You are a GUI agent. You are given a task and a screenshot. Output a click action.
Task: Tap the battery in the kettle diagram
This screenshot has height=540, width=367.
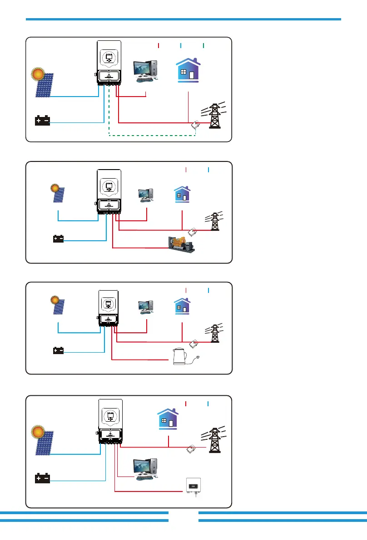(58, 350)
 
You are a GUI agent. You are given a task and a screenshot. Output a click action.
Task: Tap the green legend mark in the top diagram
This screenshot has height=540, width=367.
(203, 45)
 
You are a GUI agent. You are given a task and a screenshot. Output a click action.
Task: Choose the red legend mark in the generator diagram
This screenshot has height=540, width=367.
(186, 170)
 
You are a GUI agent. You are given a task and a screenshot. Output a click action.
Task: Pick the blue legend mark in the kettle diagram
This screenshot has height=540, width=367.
(208, 290)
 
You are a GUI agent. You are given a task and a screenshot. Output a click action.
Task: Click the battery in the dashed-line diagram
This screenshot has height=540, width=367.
(43, 121)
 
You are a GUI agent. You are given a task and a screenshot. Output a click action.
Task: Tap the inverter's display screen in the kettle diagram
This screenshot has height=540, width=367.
(109, 302)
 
